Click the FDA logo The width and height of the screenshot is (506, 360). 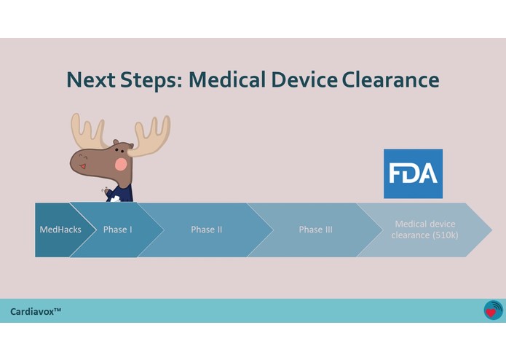pos(413,173)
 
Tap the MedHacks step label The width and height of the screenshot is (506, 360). pos(60,230)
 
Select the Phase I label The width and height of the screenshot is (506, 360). pos(117,230)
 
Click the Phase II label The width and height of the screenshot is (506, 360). pos(207,230)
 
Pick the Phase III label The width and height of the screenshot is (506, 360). pos(315,230)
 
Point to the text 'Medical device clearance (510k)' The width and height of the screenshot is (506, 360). pos(424,230)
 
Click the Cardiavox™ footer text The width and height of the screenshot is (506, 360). pos(36,311)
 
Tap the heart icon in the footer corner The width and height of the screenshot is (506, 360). pos(493,310)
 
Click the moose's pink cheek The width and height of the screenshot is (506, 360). pos(122,164)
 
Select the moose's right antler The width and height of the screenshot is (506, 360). pos(151,135)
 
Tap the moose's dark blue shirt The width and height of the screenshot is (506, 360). pos(122,194)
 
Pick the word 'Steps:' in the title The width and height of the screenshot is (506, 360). pos(149,80)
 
